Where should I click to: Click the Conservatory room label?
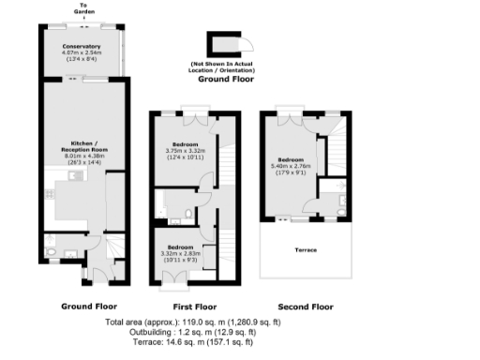click(x=82, y=46)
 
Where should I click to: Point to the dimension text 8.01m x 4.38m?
click(x=82, y=157)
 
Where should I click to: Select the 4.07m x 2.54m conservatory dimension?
click(x=82, y=53)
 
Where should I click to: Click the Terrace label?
click(x=305, y=250)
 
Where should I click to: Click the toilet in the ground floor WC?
click(x=49, y=251)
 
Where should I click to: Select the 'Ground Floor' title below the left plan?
click(x=88, y=307)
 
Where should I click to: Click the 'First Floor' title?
click(x=196, y=307)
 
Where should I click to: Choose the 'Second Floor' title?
click(x=306, y=307)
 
